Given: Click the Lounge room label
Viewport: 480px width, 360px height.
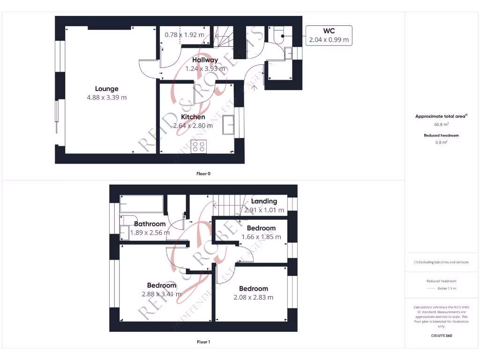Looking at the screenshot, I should point(106,89).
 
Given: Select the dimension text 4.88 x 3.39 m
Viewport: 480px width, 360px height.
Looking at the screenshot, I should point(106,97).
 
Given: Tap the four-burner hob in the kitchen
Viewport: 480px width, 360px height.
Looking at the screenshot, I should point(199,146).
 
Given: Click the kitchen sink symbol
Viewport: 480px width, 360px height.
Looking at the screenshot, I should point(229,126).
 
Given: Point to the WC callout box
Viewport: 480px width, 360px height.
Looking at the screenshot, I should point(329,35).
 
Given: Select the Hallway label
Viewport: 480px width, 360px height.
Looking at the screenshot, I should point(205,60).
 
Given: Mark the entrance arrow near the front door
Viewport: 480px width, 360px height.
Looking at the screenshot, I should point(255,85).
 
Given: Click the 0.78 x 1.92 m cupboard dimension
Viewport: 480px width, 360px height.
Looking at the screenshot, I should point(184,35).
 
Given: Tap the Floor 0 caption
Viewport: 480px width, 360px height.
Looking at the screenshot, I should point(203,173).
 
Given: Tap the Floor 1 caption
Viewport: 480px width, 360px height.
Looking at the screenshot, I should point(203,342).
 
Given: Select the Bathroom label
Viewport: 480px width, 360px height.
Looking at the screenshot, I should point(150,224).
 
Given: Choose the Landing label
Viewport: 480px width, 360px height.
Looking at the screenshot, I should point(264,201).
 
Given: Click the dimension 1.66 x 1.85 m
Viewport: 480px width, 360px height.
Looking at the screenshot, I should point(261,237).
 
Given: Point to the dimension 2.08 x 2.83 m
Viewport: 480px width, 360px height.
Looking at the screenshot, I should point(253,297).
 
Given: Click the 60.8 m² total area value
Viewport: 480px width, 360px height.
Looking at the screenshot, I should point(441,125).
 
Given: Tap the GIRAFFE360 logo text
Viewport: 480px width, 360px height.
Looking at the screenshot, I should point(441,336).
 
